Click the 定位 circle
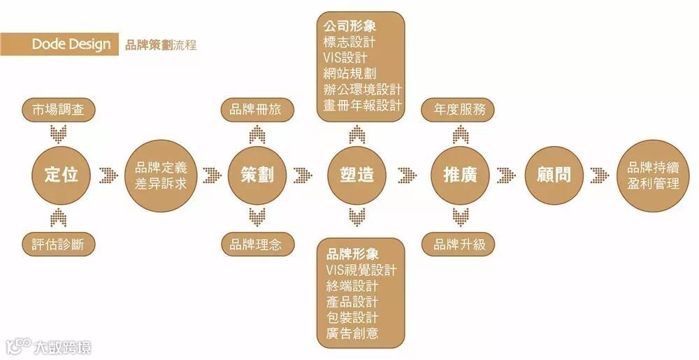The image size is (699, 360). [x=62, y=175]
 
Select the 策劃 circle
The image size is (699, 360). [x=258, y=175]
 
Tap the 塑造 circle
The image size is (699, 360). [x=357, y=175]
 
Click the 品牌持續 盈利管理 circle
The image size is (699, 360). [x=654, y=175]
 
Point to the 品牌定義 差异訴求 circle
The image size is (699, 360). [x=160, y=175]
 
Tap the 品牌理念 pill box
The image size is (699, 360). [x=258, y=245]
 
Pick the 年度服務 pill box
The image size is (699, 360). [x=459, y=110]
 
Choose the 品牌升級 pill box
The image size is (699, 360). [x=459, y=245]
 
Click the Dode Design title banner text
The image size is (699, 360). [x=71, y=45]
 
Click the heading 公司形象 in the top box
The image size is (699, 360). [x=350, y=26]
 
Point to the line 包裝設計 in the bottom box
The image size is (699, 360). [x=352, y=317]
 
